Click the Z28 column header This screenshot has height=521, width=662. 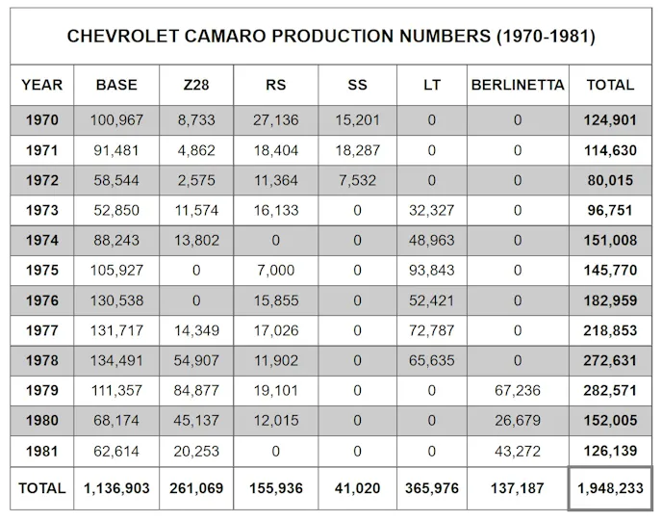(195, 85)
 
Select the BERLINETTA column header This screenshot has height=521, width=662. (518, 85)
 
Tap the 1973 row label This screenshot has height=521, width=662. (40, 211)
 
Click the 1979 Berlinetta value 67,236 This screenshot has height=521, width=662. (518, 390)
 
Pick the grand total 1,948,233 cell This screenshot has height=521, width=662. (610, 488)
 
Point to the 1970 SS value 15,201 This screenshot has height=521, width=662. (357, 120)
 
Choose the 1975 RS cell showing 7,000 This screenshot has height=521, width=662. (276, 271)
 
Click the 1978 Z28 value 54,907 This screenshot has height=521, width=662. (195, 360)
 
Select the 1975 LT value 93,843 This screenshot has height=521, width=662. (431, 271)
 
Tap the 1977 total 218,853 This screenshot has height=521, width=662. (610, 330)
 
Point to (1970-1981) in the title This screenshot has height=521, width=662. (546, 37)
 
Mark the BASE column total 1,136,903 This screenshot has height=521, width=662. (116, 488)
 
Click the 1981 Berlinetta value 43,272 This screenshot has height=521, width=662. (518, 450)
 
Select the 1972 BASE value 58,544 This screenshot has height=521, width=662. (116, 181)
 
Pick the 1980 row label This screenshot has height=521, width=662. (40, 420)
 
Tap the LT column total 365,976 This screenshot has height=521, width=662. (431, 488)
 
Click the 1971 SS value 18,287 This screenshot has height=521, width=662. (357, 151)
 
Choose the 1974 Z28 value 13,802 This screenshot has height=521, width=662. (195, 241)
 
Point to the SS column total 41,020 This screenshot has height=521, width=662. (357, 488)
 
